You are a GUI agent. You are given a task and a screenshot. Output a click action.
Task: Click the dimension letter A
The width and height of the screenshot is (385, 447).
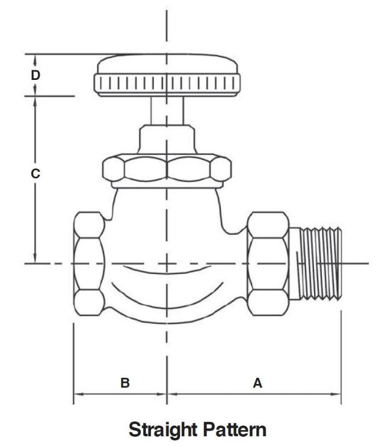pos(257,383)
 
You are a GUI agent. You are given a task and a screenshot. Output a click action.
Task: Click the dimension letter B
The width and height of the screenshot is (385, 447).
pos(125,383)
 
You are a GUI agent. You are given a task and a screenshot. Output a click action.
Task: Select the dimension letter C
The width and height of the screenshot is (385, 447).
pos(35,174)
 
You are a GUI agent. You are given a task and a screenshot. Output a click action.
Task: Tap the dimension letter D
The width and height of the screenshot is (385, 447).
pos(35,75)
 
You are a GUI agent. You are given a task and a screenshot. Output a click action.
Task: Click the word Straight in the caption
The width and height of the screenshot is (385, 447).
pos(164,430)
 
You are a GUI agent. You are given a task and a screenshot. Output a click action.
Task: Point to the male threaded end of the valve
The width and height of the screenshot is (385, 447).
pos(322,263)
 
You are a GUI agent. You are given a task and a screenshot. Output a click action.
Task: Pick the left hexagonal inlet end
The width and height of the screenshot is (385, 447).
pos(88,263)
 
